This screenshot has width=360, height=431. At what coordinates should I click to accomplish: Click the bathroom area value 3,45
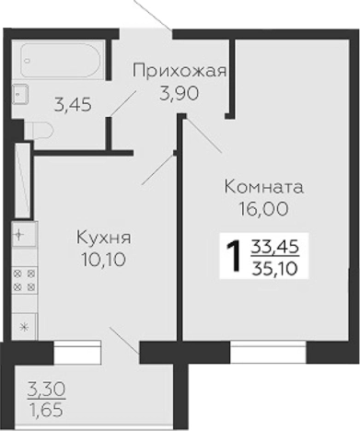coord(73,104)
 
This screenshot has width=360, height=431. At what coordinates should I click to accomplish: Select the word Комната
coord(263,188)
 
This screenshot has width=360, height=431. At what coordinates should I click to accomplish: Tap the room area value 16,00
coord(263,208)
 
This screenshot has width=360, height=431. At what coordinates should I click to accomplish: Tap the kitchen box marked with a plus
coord(23,236)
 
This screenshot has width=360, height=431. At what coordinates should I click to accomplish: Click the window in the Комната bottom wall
coord(268,352)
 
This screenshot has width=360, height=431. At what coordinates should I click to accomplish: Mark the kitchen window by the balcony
coord(75,350)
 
